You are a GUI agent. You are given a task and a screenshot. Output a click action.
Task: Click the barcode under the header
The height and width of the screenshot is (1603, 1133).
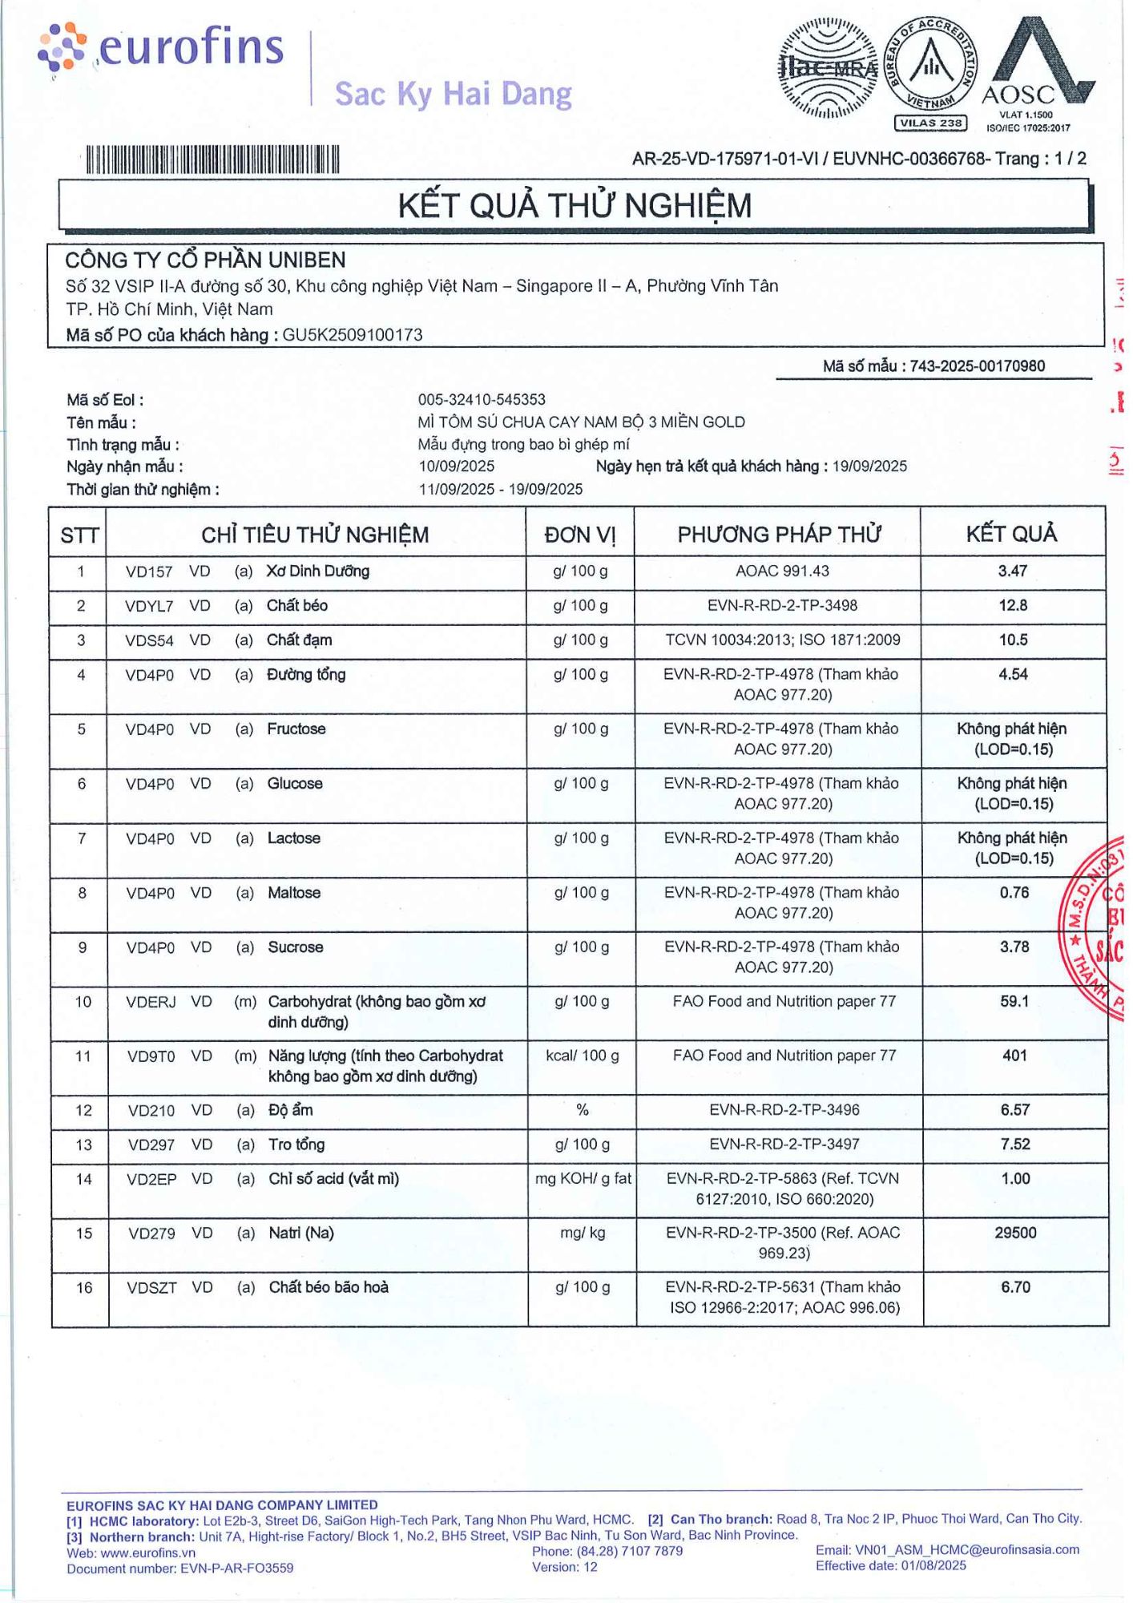pyautogui.click(x=212, y=159)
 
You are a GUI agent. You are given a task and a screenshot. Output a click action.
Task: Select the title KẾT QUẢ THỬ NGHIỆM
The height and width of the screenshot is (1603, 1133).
pyautogui.click(x=575, y=206)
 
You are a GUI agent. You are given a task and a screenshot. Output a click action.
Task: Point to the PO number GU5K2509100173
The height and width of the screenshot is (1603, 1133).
pyautogui.click(x=352, y=335)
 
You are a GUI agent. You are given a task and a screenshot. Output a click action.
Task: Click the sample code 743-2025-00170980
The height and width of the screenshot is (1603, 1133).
pyautogui.click(x=977, y=366)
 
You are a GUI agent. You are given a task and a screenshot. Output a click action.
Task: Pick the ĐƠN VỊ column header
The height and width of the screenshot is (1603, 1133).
pyautogui.click(x=580, y=535)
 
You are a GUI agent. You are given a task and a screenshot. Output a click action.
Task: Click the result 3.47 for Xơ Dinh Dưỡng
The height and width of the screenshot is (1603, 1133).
pyautogui.click(x=1012, y=571)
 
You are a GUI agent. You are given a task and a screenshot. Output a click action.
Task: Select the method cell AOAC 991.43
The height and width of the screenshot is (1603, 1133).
pyautogui.click(x=782, y=571)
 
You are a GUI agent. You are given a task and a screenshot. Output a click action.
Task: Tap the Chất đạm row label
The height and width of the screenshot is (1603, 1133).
pyautogui.click(x=299, y=640)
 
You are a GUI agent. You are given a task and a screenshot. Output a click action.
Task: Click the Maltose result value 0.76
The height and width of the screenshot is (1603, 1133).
pyautogui.click(x=1014, y=893)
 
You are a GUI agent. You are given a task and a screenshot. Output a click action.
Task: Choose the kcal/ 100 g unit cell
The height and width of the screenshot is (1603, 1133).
pyautogui.click(x=582, y=1056)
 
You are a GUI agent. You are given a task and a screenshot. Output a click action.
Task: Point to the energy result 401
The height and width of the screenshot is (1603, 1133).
pyautogui.click(x=1014, y=1056)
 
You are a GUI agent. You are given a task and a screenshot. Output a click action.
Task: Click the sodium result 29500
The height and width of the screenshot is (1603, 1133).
pyautogui.click(x=1015, y=1233)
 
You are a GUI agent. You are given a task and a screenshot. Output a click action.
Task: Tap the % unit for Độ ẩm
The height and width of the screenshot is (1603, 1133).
pyautogui.click(x=583, y=1110)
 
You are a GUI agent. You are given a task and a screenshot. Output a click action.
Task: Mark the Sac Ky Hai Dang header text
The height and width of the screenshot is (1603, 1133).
pyautogui.click(x=453, y=94)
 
